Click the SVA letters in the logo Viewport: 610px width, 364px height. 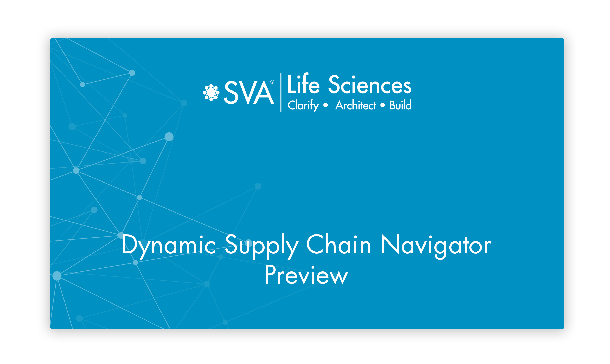click(249, 92)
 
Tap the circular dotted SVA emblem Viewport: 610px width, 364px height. click(211, 93)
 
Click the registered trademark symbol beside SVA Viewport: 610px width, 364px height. click(272, 82)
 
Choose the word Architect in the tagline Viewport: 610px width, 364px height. click(356, 105)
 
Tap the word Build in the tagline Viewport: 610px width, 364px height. click(401, 105)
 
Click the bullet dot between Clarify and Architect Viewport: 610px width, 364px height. click(326, 105)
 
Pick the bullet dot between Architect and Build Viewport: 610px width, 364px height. click(383, 105)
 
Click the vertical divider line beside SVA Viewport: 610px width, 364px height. click(281, 93)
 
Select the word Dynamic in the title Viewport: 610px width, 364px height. click(169, 246)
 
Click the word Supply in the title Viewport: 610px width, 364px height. click(262, 246)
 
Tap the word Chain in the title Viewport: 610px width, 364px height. click(339, 244)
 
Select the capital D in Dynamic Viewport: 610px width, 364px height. click(130, 244)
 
